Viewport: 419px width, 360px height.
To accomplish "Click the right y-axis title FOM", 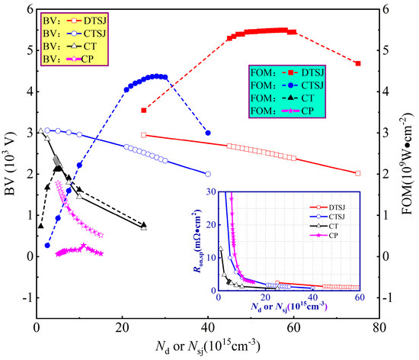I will click(410, 161).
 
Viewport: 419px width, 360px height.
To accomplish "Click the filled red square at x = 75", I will click(358, 63).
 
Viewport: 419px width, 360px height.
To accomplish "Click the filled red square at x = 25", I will click(144, 111).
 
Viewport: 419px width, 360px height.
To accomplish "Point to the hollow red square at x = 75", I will click(358, 173).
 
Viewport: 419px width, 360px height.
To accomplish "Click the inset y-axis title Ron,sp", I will click(204, 239).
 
